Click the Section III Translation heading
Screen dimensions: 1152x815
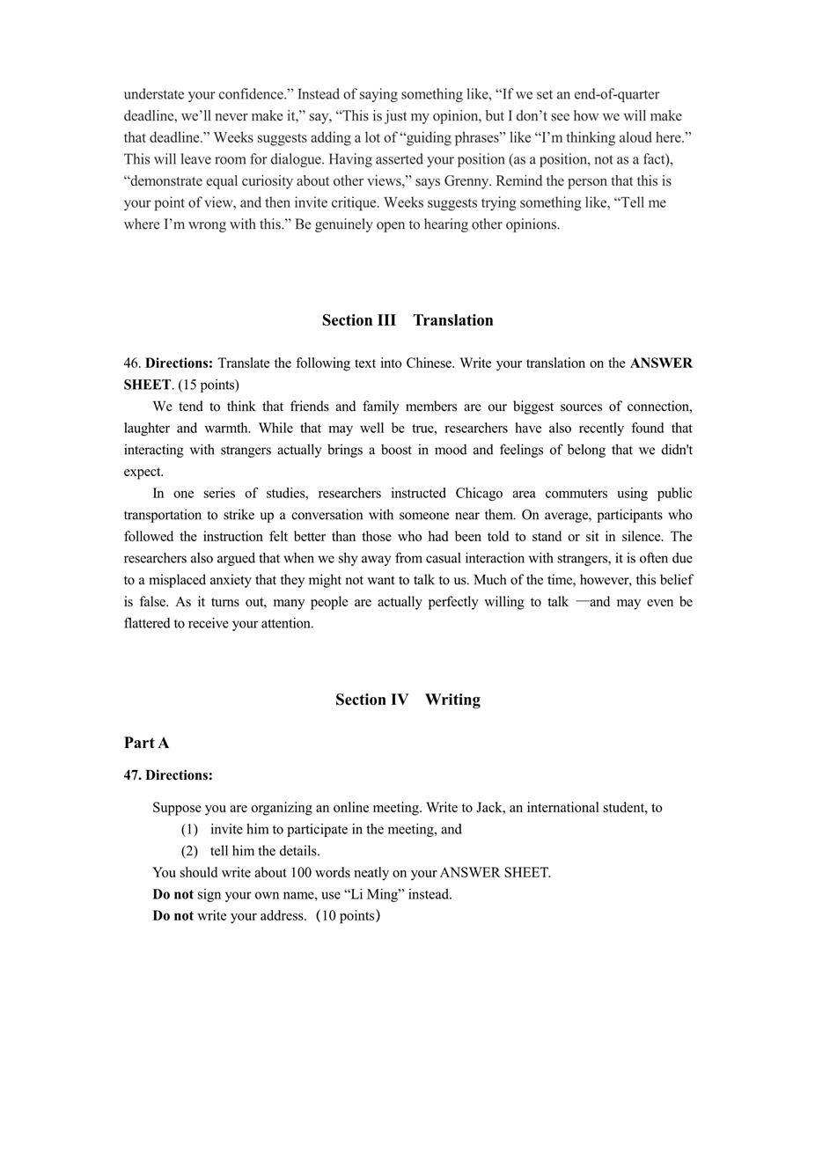point(407,320)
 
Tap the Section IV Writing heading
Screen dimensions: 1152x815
point(407,700)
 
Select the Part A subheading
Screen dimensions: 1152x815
point(146,743)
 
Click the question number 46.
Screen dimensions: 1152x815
point(132,363)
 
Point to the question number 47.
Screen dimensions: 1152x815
point(132,775)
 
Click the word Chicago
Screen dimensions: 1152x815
point(481,494)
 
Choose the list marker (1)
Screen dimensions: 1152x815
point(189,830)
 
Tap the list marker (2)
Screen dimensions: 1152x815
point(189,852)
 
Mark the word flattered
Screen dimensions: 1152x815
point(153,624)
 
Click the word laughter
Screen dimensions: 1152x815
point(148,429)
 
